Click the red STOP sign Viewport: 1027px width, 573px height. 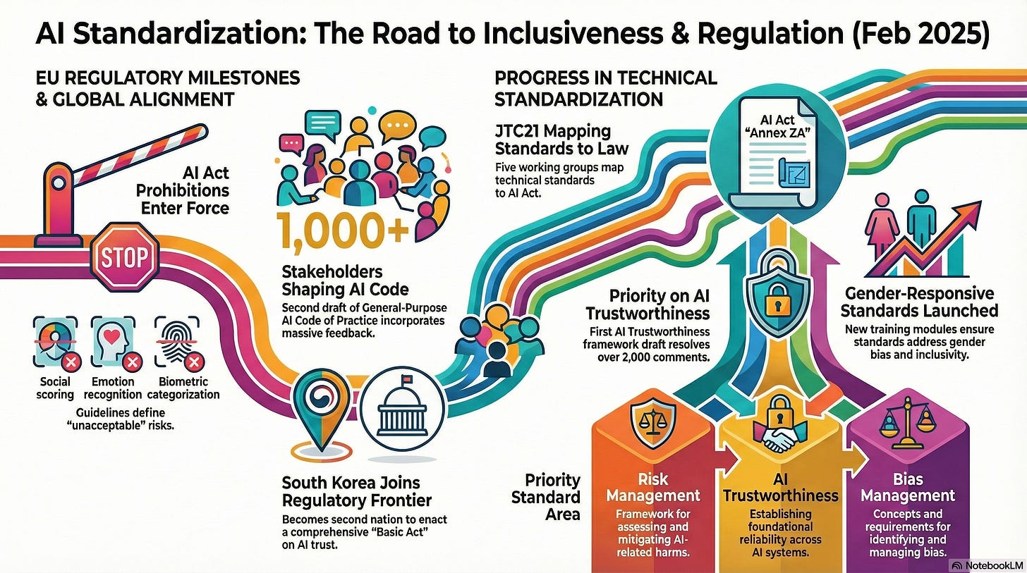[x=124, y=257]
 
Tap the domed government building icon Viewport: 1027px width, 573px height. [x=402, y=409]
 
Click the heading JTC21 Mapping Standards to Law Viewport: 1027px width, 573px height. [x=561, y=140]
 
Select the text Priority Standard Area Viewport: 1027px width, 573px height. [x=546, y=497]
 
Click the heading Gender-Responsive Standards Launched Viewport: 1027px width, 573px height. [x=919, y=302]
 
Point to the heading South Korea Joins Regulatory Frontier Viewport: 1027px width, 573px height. [x=356, y=491]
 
